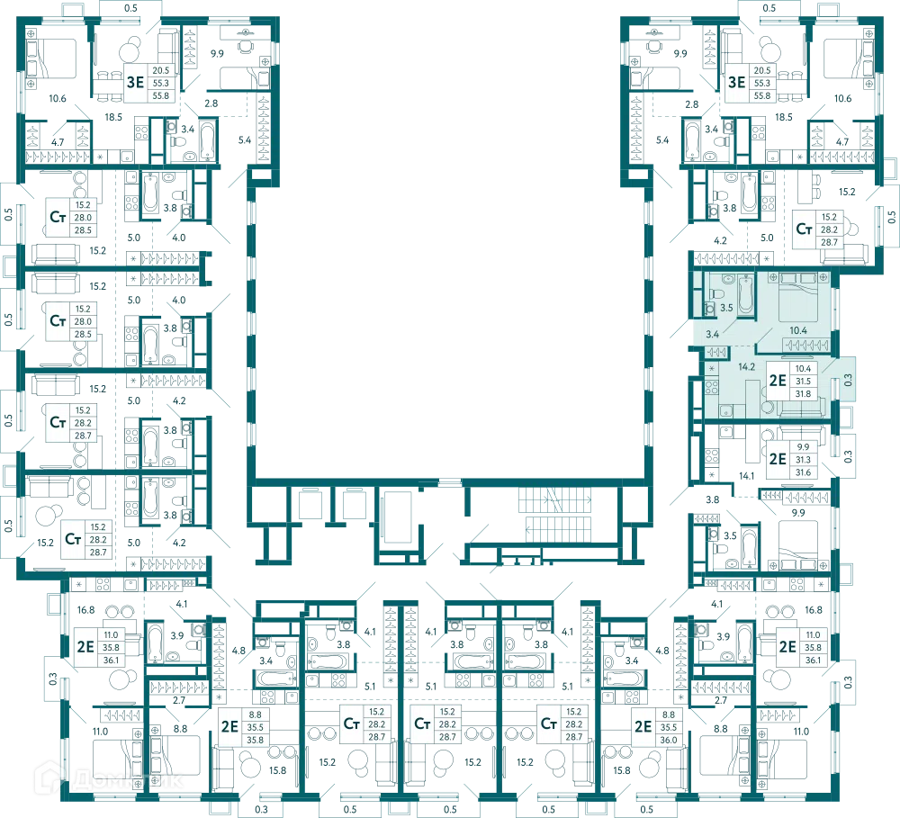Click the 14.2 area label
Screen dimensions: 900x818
(x=746, y=367)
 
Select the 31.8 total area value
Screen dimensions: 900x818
(x=803, y=394)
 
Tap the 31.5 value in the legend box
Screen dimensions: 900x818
(x=803, y=382)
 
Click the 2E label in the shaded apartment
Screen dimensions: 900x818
(x=778, y=381)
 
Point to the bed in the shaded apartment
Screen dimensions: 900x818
(x=798, y=297)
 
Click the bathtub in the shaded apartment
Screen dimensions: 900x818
(x=745, y=294)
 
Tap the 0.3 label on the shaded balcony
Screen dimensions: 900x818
(x=848, y=380)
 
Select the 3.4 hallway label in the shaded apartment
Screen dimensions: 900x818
(x=712, y=334)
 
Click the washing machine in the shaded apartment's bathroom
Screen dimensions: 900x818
(x=710, y=309)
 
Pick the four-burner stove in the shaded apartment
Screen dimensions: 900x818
(x=712, y=388)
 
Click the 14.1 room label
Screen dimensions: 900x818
(x=746, y=476)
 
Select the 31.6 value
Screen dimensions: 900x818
(x=803, y=472)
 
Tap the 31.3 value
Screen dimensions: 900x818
(x=803, y=460)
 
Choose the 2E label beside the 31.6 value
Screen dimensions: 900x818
(x=778, y=459)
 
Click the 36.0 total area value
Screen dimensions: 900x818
(x=669, y=740)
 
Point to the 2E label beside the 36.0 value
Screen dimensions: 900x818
(x=643, y=727)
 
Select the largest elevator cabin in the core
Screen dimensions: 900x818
(x=400, y=517)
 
